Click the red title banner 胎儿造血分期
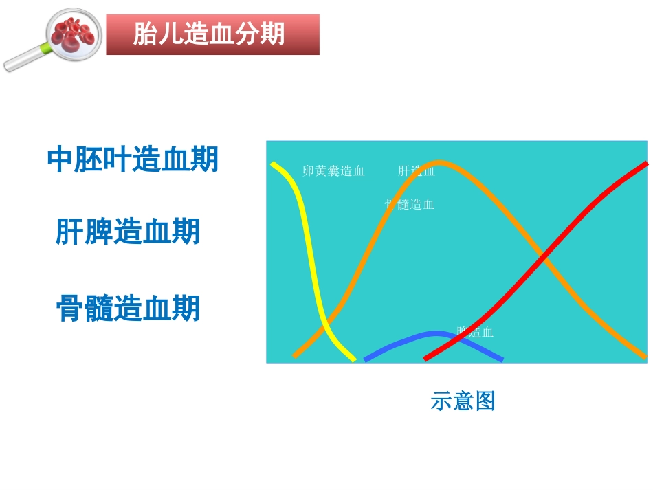[x=212, y=34]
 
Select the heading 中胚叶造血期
[x=133, y=160]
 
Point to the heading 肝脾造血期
[x=128, y=232]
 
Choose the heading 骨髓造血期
[x=128, y=309]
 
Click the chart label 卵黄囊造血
[x=333, y=171]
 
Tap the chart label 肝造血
[x=417, y=171]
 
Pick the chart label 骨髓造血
[x=410, y=204]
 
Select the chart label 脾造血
[x=475, y=332]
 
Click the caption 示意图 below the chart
[x=463, y=401]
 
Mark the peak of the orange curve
[x=439, y=163]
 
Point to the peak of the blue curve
[x=434, y=334]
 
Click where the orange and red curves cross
[x=544, y=258]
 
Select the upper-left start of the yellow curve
[x=274, y=164]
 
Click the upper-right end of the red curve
[x=646, y=164]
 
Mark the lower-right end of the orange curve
[x=645, y=357]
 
